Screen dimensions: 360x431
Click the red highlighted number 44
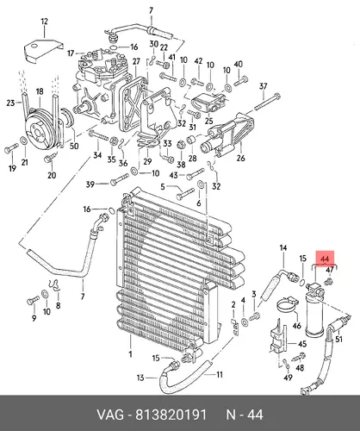coord(325,259)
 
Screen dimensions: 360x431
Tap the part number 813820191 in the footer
coord(171,415)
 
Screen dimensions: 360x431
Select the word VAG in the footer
coord(110,415)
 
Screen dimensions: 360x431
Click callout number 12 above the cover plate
coord(44,22)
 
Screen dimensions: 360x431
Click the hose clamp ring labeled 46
coord(287,304)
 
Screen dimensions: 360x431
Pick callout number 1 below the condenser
coord(130,354)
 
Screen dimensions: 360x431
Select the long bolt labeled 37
coord(267,102)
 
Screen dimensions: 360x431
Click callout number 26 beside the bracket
coord(240,158)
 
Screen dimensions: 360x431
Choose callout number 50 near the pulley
coord(74,146)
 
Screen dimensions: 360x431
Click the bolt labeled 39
coord(119,179)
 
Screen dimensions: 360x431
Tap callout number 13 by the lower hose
coord(140,378)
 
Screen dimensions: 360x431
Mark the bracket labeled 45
coord(278,336)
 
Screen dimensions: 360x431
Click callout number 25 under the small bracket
coord(208,120)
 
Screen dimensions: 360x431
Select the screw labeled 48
coord(299,357)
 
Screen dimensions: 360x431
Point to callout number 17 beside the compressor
coord(71,53)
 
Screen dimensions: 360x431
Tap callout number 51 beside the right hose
coord(339,339)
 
